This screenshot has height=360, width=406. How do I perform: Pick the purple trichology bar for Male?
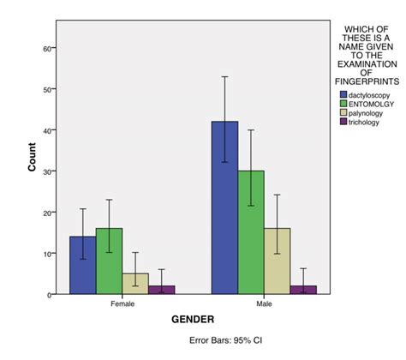pyautogui.click(x=302, y=290)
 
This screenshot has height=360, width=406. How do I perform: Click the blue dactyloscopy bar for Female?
pyautogui.click(x=83, y=266)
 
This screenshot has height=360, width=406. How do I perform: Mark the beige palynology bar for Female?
pyautogui.click(x=134, y=284)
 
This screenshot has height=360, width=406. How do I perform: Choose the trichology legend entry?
pyautogui.click(x=366, y=123)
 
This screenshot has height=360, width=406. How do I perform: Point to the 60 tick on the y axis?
pyautogui.click(x=46, y=48)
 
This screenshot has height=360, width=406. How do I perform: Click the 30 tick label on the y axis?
pyautogui.click(x=46, y=171)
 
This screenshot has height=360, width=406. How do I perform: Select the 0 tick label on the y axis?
pyautogui.click(x=49, y=295)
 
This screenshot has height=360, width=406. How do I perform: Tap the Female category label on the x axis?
pyautogui.click(x=122, y=303)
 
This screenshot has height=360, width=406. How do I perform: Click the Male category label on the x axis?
pyautogui.click(x=264, y=303)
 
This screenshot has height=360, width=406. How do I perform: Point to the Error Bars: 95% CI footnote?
pyautogui.click(x=225, y=340)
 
